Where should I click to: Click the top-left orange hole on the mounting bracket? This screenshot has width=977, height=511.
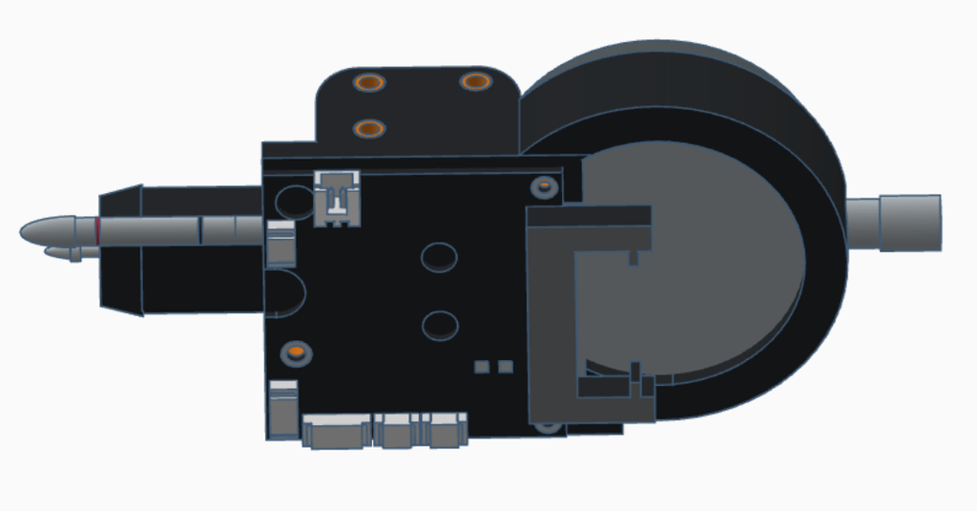(369, 82)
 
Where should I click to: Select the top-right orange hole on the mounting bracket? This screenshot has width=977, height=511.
(475, 81)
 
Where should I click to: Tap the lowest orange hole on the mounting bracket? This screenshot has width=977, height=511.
(369, 128)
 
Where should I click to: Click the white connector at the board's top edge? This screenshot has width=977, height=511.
(337, 199)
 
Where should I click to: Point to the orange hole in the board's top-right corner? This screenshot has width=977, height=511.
(544, 186)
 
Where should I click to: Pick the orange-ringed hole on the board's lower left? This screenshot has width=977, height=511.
(296, 353)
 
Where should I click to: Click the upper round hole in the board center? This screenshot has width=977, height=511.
(439, 257)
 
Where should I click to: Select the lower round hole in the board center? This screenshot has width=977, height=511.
(440, 325)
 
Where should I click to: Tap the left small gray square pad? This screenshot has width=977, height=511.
(482, 367)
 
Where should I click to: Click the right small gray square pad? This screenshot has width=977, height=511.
(506, 367)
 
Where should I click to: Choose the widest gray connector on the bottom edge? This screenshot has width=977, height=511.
(337, 432)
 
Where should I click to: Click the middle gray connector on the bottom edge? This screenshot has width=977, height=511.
(397, 431)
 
